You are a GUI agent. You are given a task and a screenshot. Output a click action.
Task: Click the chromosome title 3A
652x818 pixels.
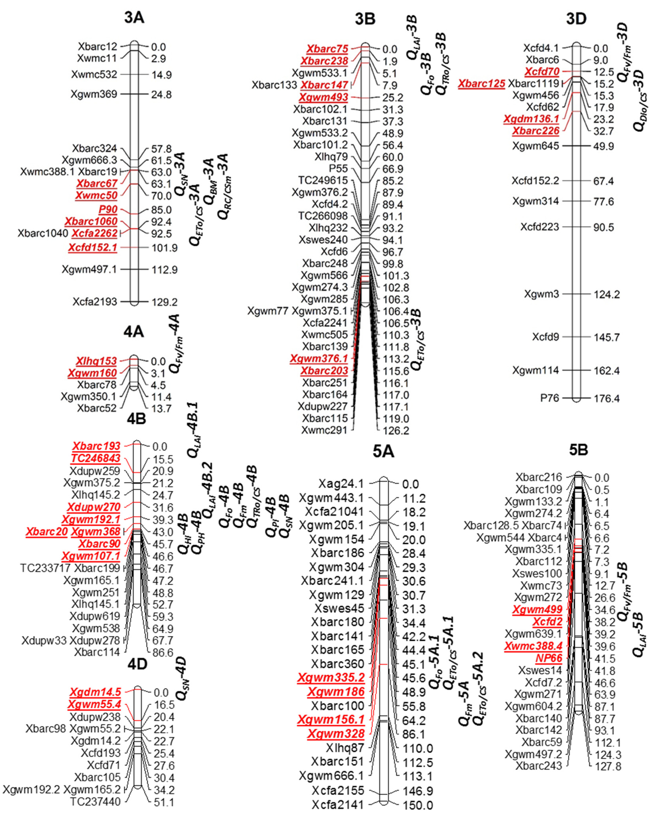(x=134, y=18)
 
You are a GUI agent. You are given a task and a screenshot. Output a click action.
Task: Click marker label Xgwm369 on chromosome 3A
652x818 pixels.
(x=94, y=94)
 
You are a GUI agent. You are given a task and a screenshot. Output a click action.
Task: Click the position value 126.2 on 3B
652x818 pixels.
(x=396, y=431)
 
